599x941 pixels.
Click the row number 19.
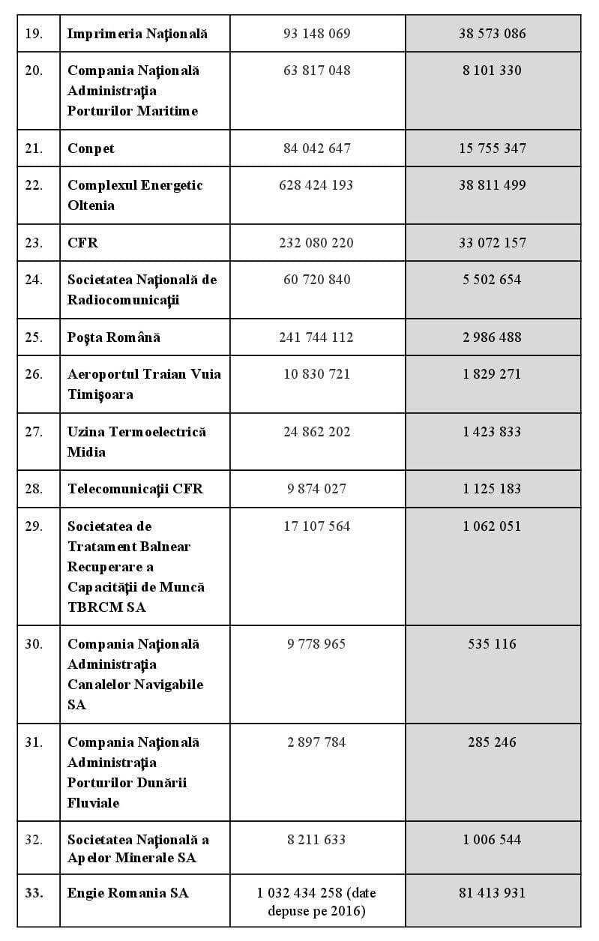tap(34, 34)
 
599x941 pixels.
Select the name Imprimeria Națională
tap(137, 34)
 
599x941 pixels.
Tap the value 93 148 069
tap(316, 34)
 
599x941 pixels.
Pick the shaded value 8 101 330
tap(492, 70)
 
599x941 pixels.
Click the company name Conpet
tap(91, 148)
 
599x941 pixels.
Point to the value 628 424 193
tap(316, 185)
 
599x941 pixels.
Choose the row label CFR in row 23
tap(82, 243)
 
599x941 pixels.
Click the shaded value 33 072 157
tap(492, 243)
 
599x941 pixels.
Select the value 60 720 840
tap(316, 280)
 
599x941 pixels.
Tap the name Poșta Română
tap(114, 337)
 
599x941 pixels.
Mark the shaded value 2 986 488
tap(492, 337)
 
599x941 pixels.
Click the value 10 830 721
tap(316, 374)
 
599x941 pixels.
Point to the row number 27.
tap(34, 432)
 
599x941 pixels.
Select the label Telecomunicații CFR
tap(135, 489)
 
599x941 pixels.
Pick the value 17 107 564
tap(316, 526)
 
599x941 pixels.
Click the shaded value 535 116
tap(492, 644)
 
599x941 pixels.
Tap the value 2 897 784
tap(316, 742)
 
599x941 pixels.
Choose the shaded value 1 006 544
tap(492, 840)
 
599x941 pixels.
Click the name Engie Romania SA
tap(128, 893)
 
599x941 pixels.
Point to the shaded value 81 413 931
tap(492, 893)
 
